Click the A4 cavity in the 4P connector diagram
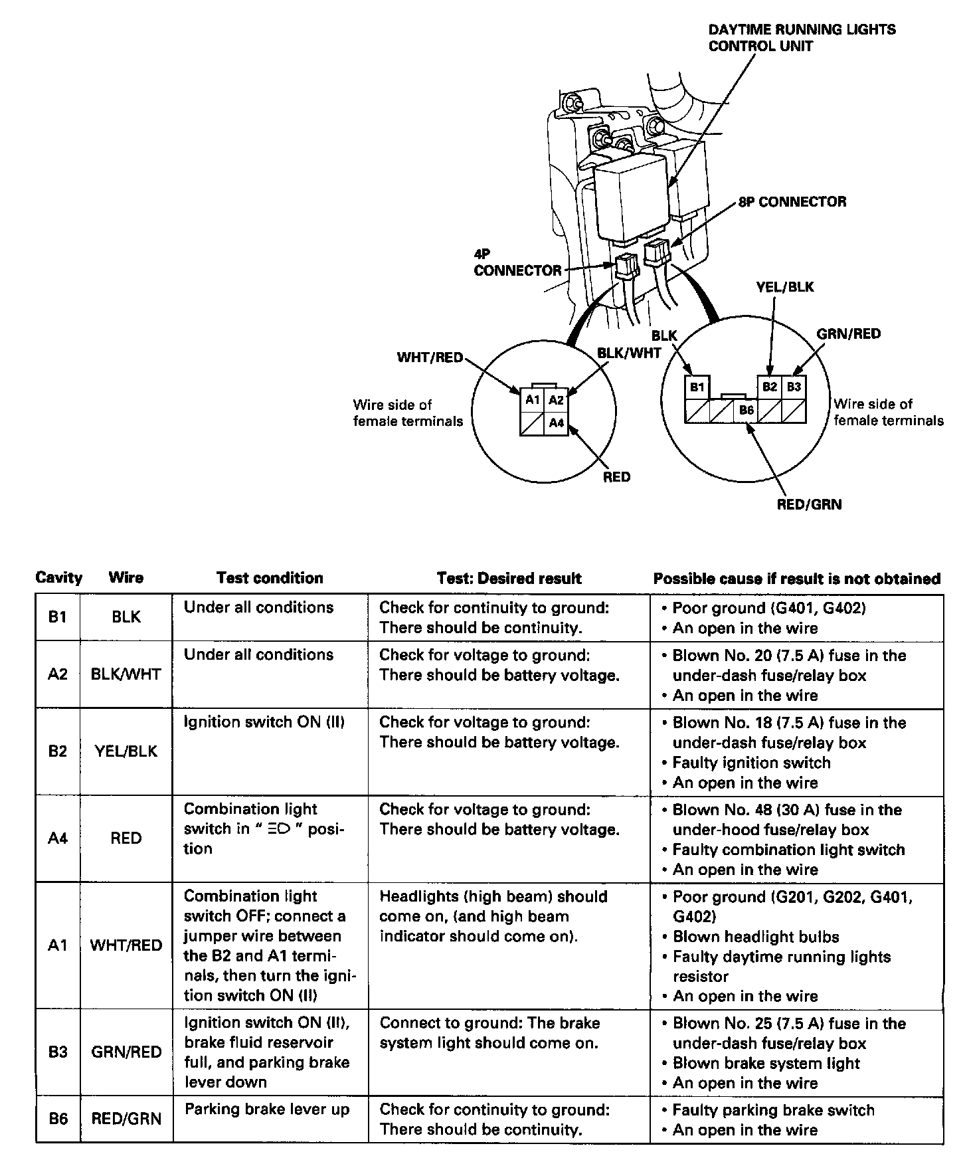[x=556, y=423]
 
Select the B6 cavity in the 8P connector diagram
[x=746, y=411]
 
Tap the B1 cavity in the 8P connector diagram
[x=697, y=387]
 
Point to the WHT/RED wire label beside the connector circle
[x=430, y=357]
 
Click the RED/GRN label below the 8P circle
[x=809, y=504]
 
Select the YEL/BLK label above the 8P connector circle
[x=784, y=287]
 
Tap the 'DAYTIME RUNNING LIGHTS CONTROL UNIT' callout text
[x=802, y=38]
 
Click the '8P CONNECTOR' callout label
[x=792, y=202]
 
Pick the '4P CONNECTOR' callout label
[x=517, y=263]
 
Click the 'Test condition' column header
[x=270, y=578]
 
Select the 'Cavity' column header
[x=58, y=578]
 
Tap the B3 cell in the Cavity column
[x=58, y=1052]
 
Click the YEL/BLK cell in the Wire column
[x=126, y=751]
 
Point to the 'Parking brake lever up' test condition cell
[x=266, y=1110]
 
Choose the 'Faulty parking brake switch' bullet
[x=773, y=1110]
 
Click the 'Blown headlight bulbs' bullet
[x=756, y=937]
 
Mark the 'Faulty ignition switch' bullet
[x=751, y=763]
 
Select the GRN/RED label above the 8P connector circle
[x=848, y=334]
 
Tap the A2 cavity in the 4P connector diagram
[x=556, y=400]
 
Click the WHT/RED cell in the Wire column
[x=126, y=945]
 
